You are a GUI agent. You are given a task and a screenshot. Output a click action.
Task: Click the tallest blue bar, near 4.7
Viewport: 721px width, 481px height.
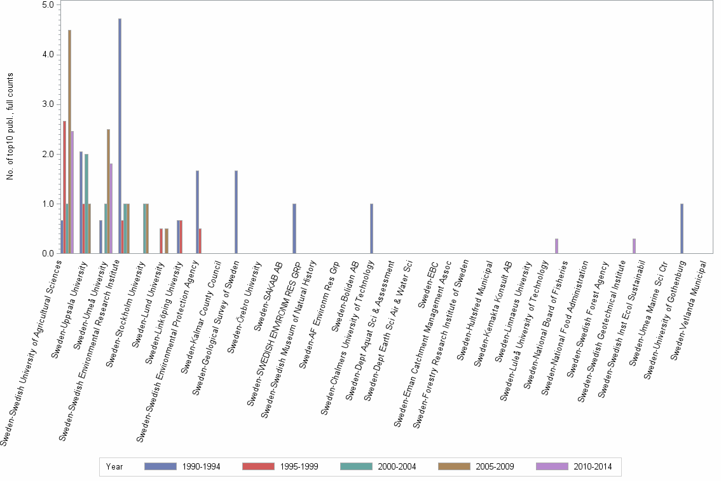(120, 136)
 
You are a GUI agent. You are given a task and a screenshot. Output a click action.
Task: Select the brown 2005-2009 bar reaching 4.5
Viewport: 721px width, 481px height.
(69, 141)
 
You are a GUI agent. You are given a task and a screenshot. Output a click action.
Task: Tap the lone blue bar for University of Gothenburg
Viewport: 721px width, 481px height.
(682, 228)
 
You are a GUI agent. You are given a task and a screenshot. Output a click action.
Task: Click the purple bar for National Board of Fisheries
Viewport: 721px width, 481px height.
(556, 246)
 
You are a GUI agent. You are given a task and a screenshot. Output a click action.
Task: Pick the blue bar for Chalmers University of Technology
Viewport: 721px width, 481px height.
(371, 228)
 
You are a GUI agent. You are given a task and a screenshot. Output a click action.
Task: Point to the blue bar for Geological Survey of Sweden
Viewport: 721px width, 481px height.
(236, 212)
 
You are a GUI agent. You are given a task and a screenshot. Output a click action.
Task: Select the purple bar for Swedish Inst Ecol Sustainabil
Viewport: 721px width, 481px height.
(634, 246)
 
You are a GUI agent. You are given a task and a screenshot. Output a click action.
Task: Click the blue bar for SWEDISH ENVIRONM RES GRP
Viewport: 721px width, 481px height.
(294, 228)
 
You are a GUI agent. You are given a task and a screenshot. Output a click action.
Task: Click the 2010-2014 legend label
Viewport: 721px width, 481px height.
(593, 467)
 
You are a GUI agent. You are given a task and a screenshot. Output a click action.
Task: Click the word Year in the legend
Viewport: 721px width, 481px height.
(114, 467)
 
